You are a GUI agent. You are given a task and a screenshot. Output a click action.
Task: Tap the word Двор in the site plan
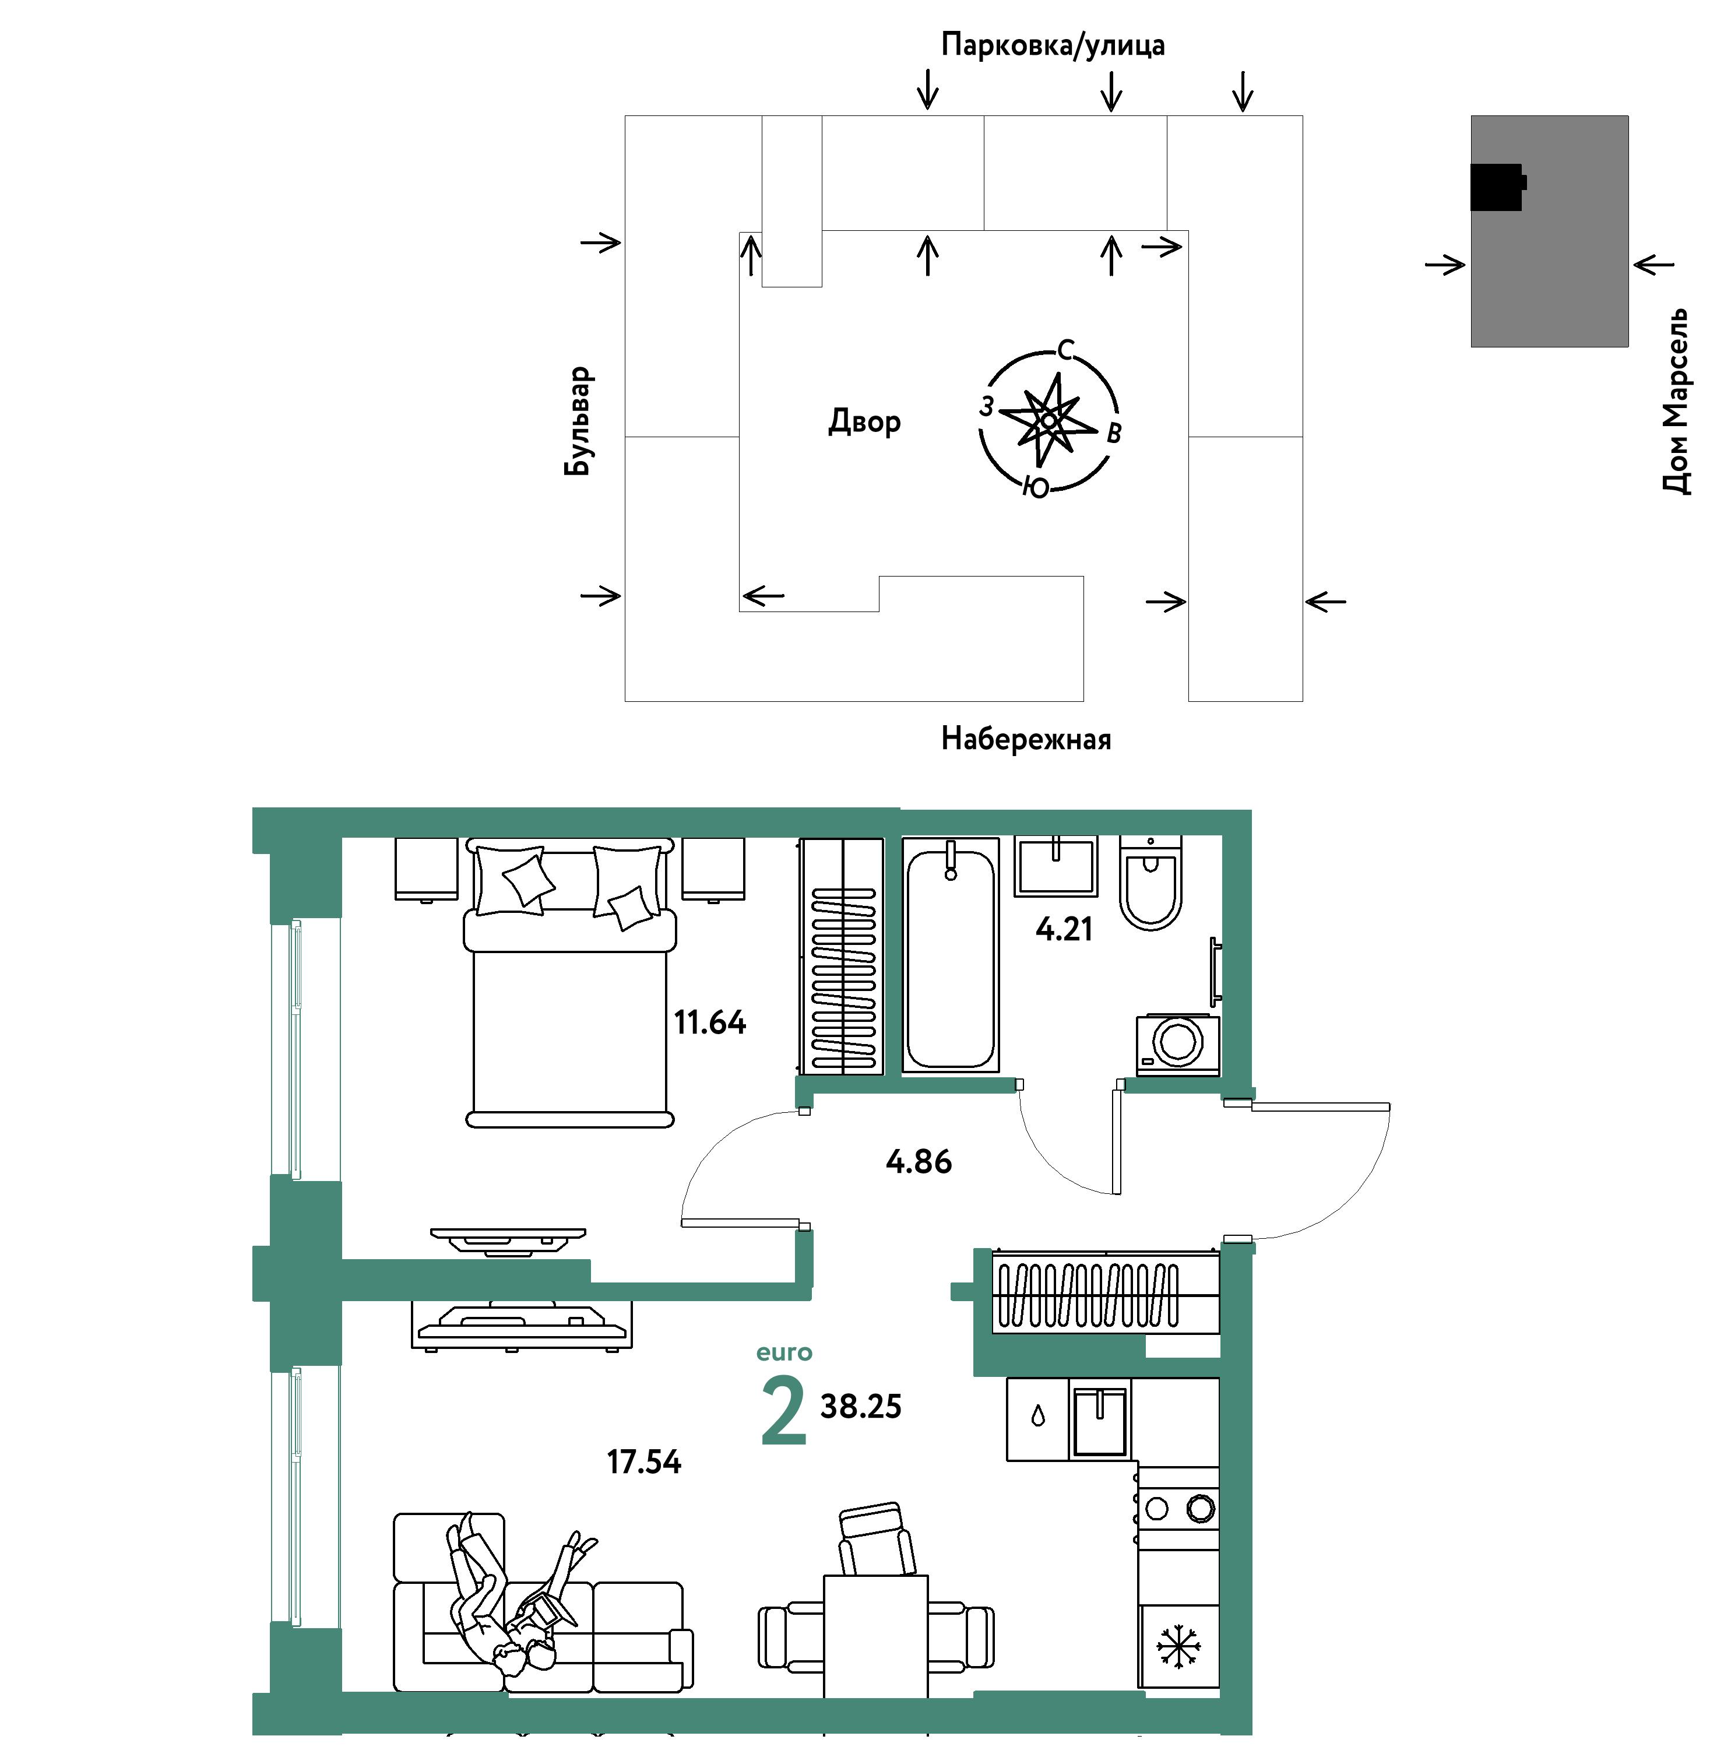865,422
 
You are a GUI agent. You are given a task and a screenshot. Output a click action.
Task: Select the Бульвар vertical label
577,421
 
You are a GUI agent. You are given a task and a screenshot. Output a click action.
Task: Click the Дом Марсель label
1676,400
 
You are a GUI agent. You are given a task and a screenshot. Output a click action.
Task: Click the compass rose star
1049,420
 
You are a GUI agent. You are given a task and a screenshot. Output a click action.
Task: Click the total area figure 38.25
860,1407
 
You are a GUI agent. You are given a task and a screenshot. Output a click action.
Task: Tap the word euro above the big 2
784,1353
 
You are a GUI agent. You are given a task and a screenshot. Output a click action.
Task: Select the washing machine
1177,1044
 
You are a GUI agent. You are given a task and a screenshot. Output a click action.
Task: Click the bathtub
951,955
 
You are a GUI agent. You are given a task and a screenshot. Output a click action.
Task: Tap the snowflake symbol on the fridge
1178,1646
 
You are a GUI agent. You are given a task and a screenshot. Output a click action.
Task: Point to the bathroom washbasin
1055,866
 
